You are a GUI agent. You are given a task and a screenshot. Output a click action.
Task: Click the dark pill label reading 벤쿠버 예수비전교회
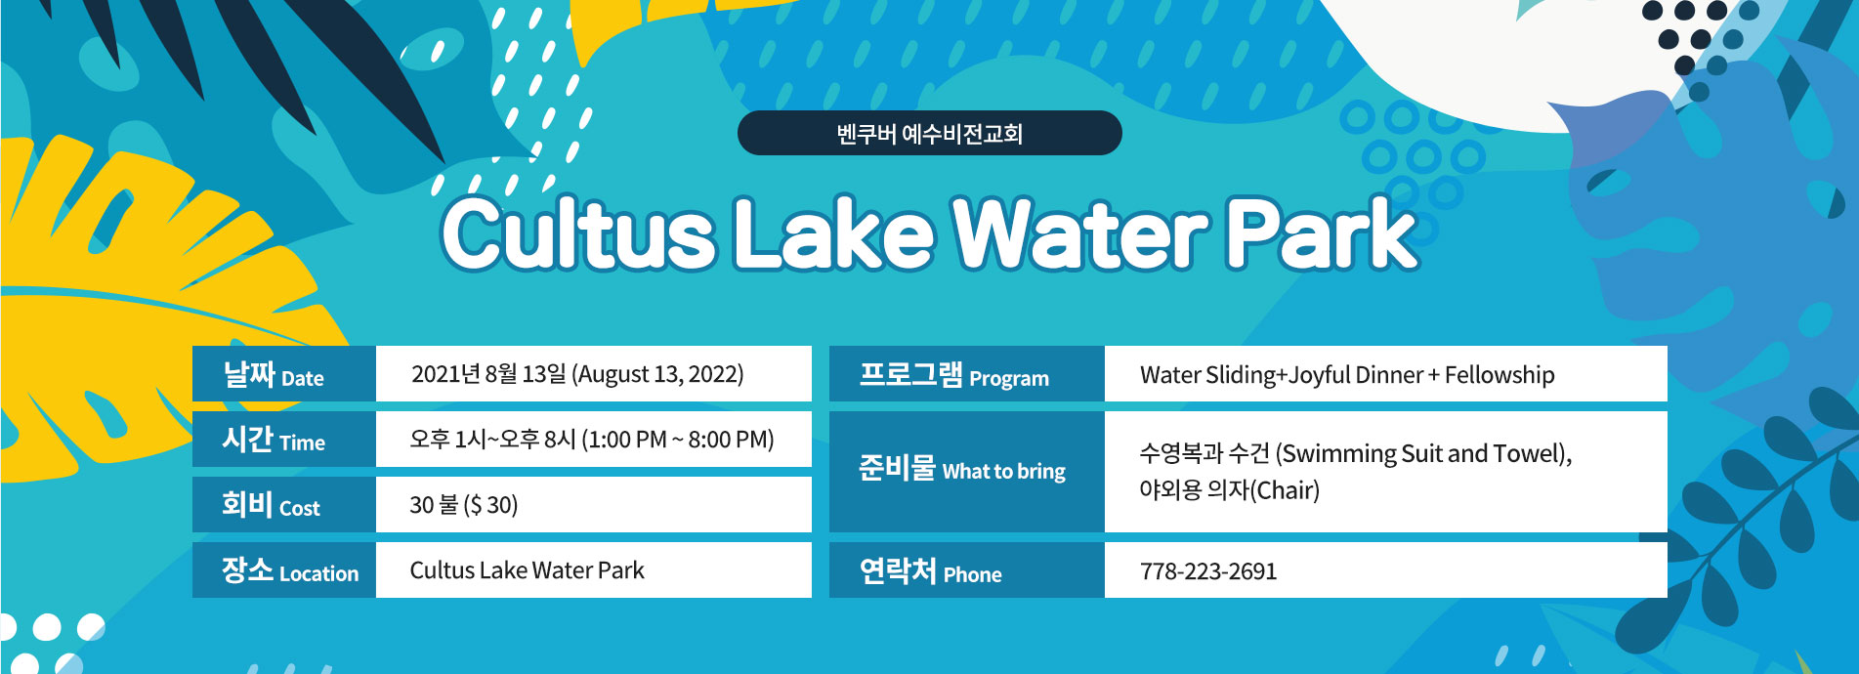pos(929,133)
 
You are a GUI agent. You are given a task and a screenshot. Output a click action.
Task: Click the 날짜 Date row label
pos(274,375)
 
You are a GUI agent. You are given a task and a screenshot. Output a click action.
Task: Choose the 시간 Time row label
pos(274,440)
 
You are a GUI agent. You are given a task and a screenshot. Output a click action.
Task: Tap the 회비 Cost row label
pos(271,505)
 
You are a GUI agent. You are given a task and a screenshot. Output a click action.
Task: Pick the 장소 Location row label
pos(290,570)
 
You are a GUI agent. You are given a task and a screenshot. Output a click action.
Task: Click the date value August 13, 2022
pos(657,374)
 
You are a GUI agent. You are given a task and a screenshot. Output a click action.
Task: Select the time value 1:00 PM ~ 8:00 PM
pos(678,440)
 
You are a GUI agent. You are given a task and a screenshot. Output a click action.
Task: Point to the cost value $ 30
pos(490,505)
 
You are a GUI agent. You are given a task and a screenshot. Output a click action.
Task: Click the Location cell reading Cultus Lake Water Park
pos(527,570)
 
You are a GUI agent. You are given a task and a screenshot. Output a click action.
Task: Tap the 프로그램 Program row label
pos(953,375)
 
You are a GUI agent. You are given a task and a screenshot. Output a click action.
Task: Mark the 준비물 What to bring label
pos(962,469)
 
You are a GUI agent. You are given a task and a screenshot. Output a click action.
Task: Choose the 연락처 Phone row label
pos(930,570)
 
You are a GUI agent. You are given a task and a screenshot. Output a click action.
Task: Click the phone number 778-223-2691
pos(1208,571)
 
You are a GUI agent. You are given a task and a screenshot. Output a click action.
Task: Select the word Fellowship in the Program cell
pos(1500,375)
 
